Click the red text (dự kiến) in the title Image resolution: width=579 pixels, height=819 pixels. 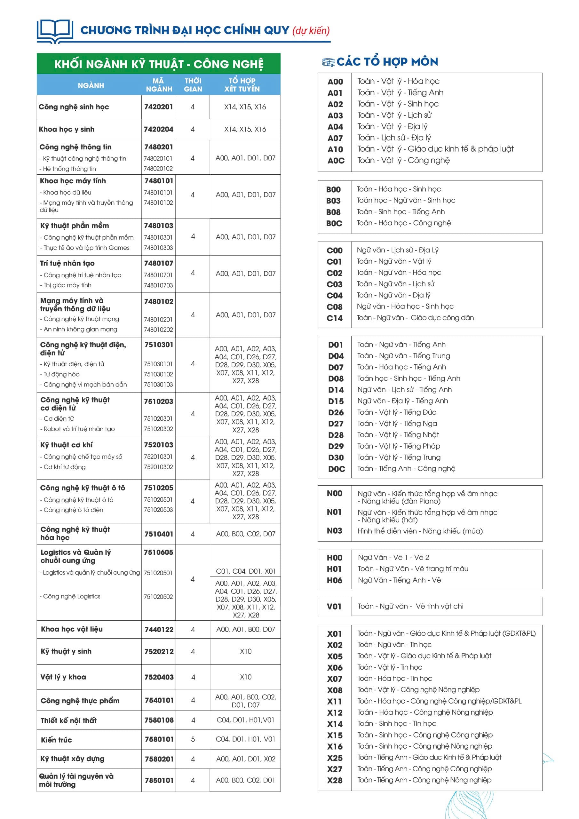point(311,31)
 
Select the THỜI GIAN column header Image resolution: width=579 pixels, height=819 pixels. point(193,85)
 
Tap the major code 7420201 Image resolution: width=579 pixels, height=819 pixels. point(158,107)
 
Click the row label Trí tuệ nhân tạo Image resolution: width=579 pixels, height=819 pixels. point(67,263)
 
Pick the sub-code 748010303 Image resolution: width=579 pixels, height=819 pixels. point(158,248)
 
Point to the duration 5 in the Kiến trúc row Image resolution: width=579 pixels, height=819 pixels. point(193,739)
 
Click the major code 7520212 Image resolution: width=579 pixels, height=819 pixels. point(159,651)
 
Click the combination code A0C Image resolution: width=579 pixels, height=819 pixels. point(336,161)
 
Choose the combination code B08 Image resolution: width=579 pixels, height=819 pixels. point(333,212)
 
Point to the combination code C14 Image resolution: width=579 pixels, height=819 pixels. point(334,318)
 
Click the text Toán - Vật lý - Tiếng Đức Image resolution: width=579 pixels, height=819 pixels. point(397,412)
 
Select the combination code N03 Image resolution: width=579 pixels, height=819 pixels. point(334,531)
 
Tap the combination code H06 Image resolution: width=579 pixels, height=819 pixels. point(334,580)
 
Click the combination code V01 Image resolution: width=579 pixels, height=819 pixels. point(334,606)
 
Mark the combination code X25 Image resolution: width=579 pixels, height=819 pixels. point(335,758)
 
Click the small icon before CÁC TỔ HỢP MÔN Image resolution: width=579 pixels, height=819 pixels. point(328,62)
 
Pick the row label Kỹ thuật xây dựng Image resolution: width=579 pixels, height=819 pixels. point(72,759)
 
